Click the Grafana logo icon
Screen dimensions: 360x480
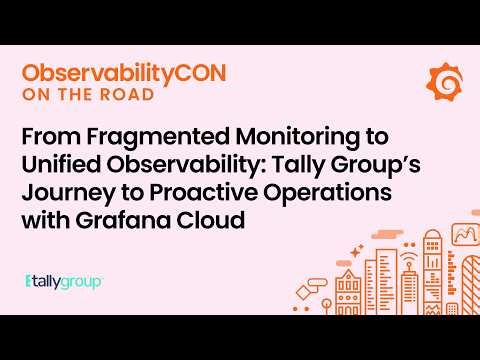(444, 79)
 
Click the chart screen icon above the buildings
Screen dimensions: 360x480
(463, 236)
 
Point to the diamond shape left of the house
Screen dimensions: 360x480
(319, 284)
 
